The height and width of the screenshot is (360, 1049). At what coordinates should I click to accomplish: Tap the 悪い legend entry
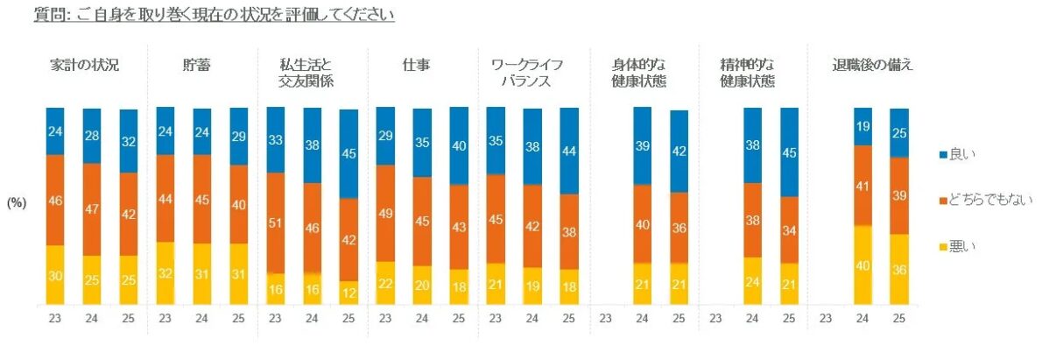click(x=960, y=247)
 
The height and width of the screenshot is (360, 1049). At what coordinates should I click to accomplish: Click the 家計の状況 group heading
click(x=84, y=65)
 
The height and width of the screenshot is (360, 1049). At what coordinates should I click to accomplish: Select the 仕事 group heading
click(x=415, y=65)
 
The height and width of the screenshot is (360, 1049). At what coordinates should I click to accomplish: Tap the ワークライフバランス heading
click(x=525, y=73)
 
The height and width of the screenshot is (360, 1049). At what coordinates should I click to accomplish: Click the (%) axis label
click(x=18, y=201)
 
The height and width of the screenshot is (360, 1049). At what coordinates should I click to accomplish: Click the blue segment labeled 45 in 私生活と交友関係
click(x=349, y=153)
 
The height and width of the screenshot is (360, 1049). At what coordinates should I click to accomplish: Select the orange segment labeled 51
click(x=276, y=222)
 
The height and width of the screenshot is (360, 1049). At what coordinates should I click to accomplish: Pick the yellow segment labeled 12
click(x=349, y=293)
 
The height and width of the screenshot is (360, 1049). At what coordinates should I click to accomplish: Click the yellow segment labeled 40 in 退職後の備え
click(x=862, y=265)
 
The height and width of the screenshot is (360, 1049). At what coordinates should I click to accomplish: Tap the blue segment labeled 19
click(x=862, y=126)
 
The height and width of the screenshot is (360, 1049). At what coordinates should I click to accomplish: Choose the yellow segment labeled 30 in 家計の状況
click(x=55, y=275)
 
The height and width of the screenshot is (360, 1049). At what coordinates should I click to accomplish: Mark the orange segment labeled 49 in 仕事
click(x=385, y=213)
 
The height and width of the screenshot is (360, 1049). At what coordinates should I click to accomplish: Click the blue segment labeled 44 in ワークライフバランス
click(x=569, y=151)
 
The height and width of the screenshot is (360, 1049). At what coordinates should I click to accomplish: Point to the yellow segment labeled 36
click(x=899, y=269)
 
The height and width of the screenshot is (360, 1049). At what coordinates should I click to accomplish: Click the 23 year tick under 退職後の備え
click(x=826, y=320)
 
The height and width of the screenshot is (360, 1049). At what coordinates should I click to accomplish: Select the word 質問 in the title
click(x=46, y=15)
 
